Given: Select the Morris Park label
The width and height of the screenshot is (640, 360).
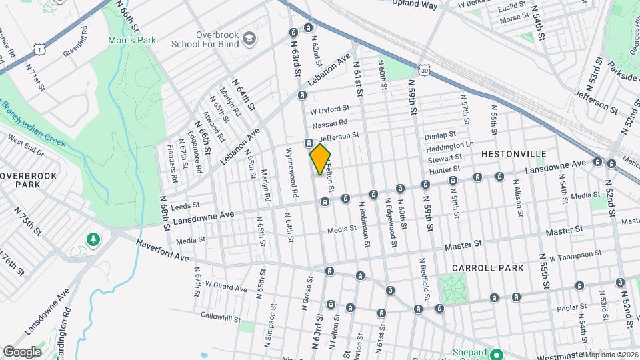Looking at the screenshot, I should point(132,40).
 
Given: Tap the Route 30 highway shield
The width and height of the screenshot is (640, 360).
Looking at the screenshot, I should point(425,69).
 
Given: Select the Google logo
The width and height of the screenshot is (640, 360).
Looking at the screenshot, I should point(22,351).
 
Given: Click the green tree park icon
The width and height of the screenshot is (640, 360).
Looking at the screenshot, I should point(94,239).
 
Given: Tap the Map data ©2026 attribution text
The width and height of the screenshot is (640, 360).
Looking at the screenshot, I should point(611,354).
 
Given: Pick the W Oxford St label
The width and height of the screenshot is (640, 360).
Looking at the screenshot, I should point(329,109).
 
